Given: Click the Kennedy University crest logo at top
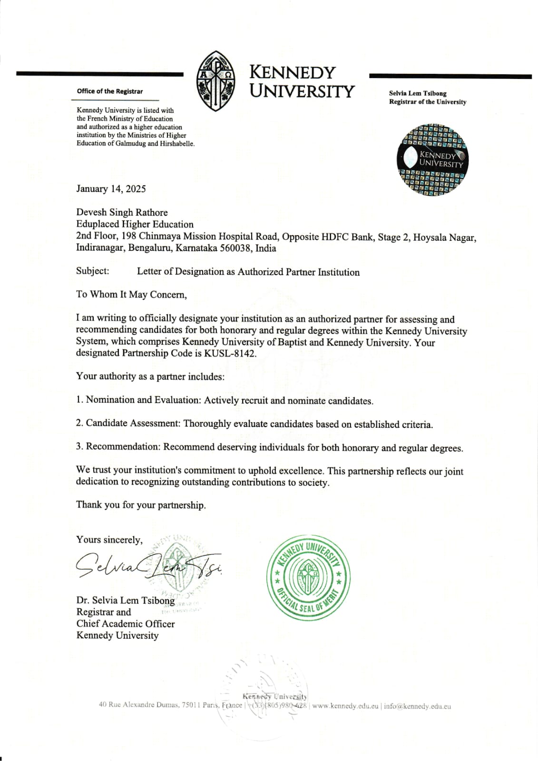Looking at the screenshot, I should (216, 81).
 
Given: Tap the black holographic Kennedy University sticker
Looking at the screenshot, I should (432, 160).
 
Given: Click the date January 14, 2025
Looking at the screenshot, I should (111, 189).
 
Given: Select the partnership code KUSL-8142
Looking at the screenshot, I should (230, 354).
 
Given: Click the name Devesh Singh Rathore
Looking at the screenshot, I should (122, 212).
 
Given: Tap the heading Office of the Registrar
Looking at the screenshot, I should (109, 91).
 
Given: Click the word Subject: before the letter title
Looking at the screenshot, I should (93, 271).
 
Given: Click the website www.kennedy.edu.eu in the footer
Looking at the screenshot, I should (345, 706).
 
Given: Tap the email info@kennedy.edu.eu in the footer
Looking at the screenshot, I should (417, 706).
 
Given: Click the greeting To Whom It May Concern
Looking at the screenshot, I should (131, 295).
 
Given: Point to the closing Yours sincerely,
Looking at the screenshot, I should (109, 540).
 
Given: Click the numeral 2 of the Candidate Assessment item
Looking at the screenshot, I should (79, 423).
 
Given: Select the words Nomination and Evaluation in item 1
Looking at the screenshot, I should (143, 400).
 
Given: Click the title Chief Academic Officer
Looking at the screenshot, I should (126, 623).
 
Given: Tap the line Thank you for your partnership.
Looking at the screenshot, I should (141, 505).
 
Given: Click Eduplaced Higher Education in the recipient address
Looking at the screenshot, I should (135, 224).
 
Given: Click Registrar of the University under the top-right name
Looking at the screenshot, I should (427, 102).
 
